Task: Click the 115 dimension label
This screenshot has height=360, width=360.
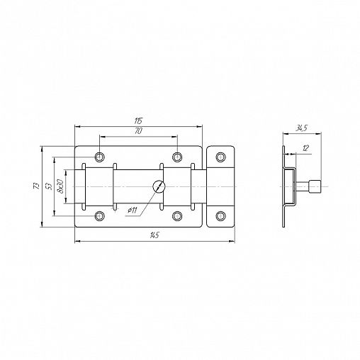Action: [138, 121]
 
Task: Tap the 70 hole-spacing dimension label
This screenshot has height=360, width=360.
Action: [139, 131]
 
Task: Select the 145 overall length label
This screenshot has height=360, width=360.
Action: [155, 235]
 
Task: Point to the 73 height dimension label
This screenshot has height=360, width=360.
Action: [37, 186]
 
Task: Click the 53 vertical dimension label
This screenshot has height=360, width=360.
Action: [50, 186]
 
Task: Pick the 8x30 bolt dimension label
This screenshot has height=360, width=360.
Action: [60, 186]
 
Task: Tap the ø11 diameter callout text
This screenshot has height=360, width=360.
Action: [132, 210]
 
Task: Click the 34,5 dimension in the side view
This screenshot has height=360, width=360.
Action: [301, 128]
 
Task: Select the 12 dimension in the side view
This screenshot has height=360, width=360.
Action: [305, 148]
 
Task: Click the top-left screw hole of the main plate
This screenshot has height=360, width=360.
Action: [99, 157]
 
